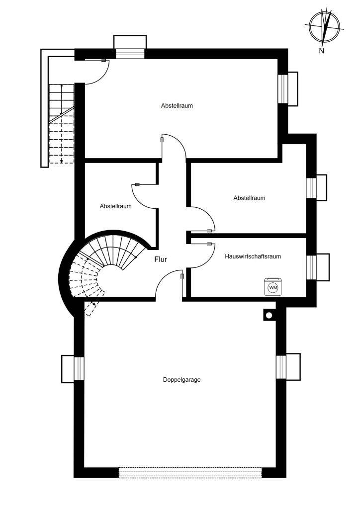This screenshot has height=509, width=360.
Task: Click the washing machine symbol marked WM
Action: click(272, 287)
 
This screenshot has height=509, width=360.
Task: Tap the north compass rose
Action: click(325, 27)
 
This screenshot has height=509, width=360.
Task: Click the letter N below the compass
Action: click(322, 51)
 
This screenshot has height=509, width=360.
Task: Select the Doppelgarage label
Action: click(181, 380)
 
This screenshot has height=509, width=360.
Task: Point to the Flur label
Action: click(161, 259)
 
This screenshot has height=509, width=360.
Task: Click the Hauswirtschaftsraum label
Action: click(253, 256)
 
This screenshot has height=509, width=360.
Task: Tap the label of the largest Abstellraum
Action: click(177, 106)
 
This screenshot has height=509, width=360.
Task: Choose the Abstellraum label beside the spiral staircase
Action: click(115, 206)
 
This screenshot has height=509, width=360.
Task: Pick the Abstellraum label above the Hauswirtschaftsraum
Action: click(249, 198)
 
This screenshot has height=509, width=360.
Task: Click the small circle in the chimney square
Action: click(269, 315)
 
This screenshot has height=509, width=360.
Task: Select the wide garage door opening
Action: click(190, 472)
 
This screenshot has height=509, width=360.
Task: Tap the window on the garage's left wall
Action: click(79, 368)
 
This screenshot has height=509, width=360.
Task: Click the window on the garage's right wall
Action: click(282, 367)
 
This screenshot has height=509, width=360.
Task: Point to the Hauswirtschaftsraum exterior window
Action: click(311, 267)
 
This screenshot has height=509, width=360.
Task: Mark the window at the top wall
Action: click(130, 54)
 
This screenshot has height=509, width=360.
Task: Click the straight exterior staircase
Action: click(61, 124)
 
